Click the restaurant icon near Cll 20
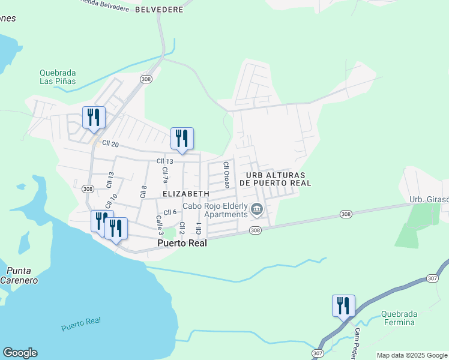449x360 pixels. point(94,118)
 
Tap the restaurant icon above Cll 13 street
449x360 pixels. point(182,139)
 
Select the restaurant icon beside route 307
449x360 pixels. point(343,306)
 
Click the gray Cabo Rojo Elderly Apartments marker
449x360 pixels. point(257,209)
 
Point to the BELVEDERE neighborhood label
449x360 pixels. point(158,10)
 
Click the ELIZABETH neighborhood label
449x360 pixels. point(185,194)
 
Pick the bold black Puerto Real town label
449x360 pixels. point(182,243)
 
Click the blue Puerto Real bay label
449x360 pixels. point(80,325)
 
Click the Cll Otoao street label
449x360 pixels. point(227,173)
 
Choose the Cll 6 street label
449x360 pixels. point(169,212)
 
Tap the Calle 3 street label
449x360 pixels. point(160,225)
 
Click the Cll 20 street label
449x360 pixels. point(111,143)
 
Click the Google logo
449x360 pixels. point(20,353)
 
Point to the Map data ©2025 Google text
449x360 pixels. point(411,355)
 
